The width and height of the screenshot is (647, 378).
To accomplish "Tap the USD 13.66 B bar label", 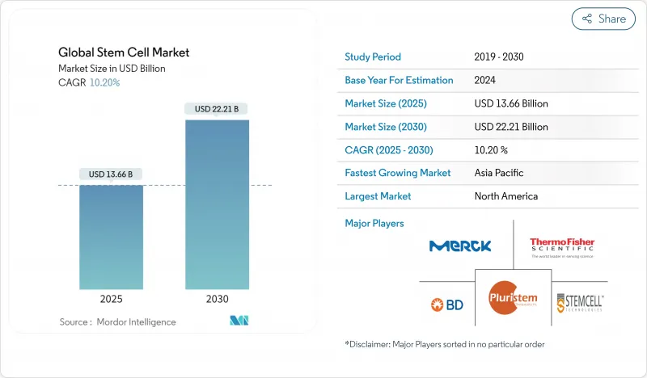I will point(112,174).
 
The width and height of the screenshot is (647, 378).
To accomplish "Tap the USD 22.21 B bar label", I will point(217,108).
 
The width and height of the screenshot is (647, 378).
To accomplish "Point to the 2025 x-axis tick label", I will point(112,298).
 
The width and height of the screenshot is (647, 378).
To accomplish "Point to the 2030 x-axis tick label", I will point(217,298).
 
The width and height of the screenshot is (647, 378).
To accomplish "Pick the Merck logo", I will point(459,246).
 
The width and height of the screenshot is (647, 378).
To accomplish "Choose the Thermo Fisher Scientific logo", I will point(561,246).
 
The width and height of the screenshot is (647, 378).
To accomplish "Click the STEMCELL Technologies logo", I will point(580,304).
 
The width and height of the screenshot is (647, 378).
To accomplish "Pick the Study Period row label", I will point(373,57).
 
